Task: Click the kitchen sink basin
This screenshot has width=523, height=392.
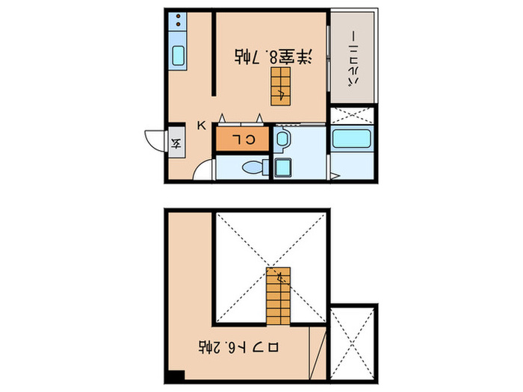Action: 179,55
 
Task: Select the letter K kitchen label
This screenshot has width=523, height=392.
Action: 201,125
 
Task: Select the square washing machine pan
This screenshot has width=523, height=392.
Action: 283,168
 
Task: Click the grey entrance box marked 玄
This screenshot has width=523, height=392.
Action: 177,140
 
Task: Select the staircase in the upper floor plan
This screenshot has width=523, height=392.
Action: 281,84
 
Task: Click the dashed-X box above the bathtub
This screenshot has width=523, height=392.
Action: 350,116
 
